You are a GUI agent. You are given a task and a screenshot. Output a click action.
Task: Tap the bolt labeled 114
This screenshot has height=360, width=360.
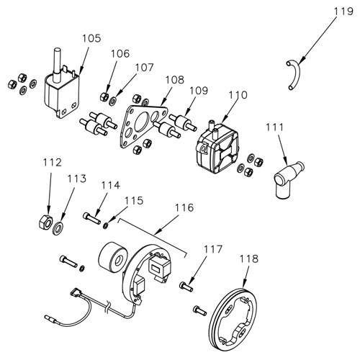coord(92,216)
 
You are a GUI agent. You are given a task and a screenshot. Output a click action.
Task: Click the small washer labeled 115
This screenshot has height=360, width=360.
coord(105,225)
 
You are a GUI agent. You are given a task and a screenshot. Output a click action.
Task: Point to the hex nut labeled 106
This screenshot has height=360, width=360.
coord(104,96)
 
